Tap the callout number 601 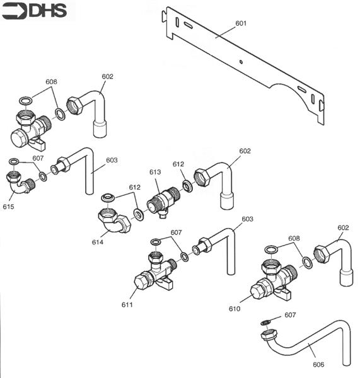[241, 23]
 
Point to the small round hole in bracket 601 [242, 62]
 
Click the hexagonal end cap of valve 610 [258, 292]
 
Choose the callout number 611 [127, 305]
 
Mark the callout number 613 [155, 172]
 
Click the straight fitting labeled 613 [163, 202]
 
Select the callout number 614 [97, 242]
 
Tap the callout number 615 [8, 206]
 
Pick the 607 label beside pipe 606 [290, 314]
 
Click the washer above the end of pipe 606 [267, 323]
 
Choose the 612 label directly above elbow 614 [134, 187]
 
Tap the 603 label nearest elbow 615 [112, 160]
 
